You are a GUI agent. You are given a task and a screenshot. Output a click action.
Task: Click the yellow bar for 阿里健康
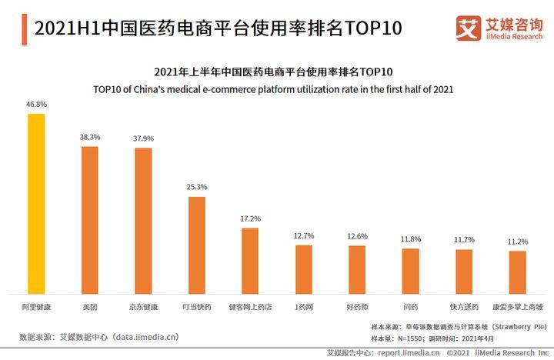point(36,204)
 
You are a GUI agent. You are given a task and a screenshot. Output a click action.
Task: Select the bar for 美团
point(90,220)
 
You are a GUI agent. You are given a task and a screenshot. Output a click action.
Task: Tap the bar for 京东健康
point(143,221)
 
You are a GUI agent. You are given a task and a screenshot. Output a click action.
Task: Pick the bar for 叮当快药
point(197,245)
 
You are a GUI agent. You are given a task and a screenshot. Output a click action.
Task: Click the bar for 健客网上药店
point(250,261)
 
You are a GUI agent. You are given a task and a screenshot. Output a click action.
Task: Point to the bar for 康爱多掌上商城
point(518,272)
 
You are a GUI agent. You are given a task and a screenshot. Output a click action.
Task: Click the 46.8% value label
point(36,104)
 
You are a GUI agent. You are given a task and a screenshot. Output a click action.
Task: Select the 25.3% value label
point(197,187)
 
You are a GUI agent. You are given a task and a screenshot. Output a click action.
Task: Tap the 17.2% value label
point(251,218)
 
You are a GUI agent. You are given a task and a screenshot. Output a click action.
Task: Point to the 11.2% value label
point(518,242)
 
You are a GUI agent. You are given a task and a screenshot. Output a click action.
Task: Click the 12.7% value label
point(304,235)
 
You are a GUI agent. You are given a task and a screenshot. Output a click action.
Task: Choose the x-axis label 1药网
point(304,307)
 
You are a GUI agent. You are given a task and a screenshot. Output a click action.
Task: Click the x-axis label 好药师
point(357,307)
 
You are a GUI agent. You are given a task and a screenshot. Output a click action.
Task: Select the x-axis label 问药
point(411,307)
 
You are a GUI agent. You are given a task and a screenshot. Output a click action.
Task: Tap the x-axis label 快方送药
point(464,307)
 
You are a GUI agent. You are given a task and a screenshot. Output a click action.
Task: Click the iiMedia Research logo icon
point(469,28)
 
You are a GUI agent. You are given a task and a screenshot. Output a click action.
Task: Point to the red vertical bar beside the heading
point(25,29)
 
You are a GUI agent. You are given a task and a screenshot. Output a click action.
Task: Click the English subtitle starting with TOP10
point(273,89)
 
